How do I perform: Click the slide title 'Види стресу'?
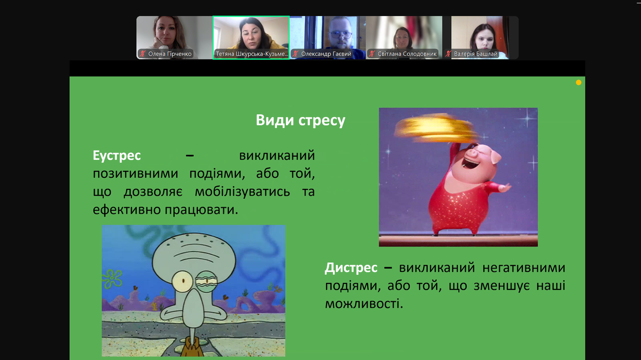300,120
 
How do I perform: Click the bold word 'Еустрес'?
117,156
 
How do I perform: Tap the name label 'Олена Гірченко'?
170,54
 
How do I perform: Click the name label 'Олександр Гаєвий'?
326,54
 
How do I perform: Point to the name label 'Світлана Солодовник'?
407,54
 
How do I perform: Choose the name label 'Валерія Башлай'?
476,54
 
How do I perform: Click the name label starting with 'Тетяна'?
251,54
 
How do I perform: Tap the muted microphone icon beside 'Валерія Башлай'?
448,54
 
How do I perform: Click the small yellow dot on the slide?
578,83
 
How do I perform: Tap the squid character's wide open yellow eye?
183,281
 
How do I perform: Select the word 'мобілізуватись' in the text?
242,192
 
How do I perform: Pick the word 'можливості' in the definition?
364,304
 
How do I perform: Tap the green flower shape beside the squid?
112,279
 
